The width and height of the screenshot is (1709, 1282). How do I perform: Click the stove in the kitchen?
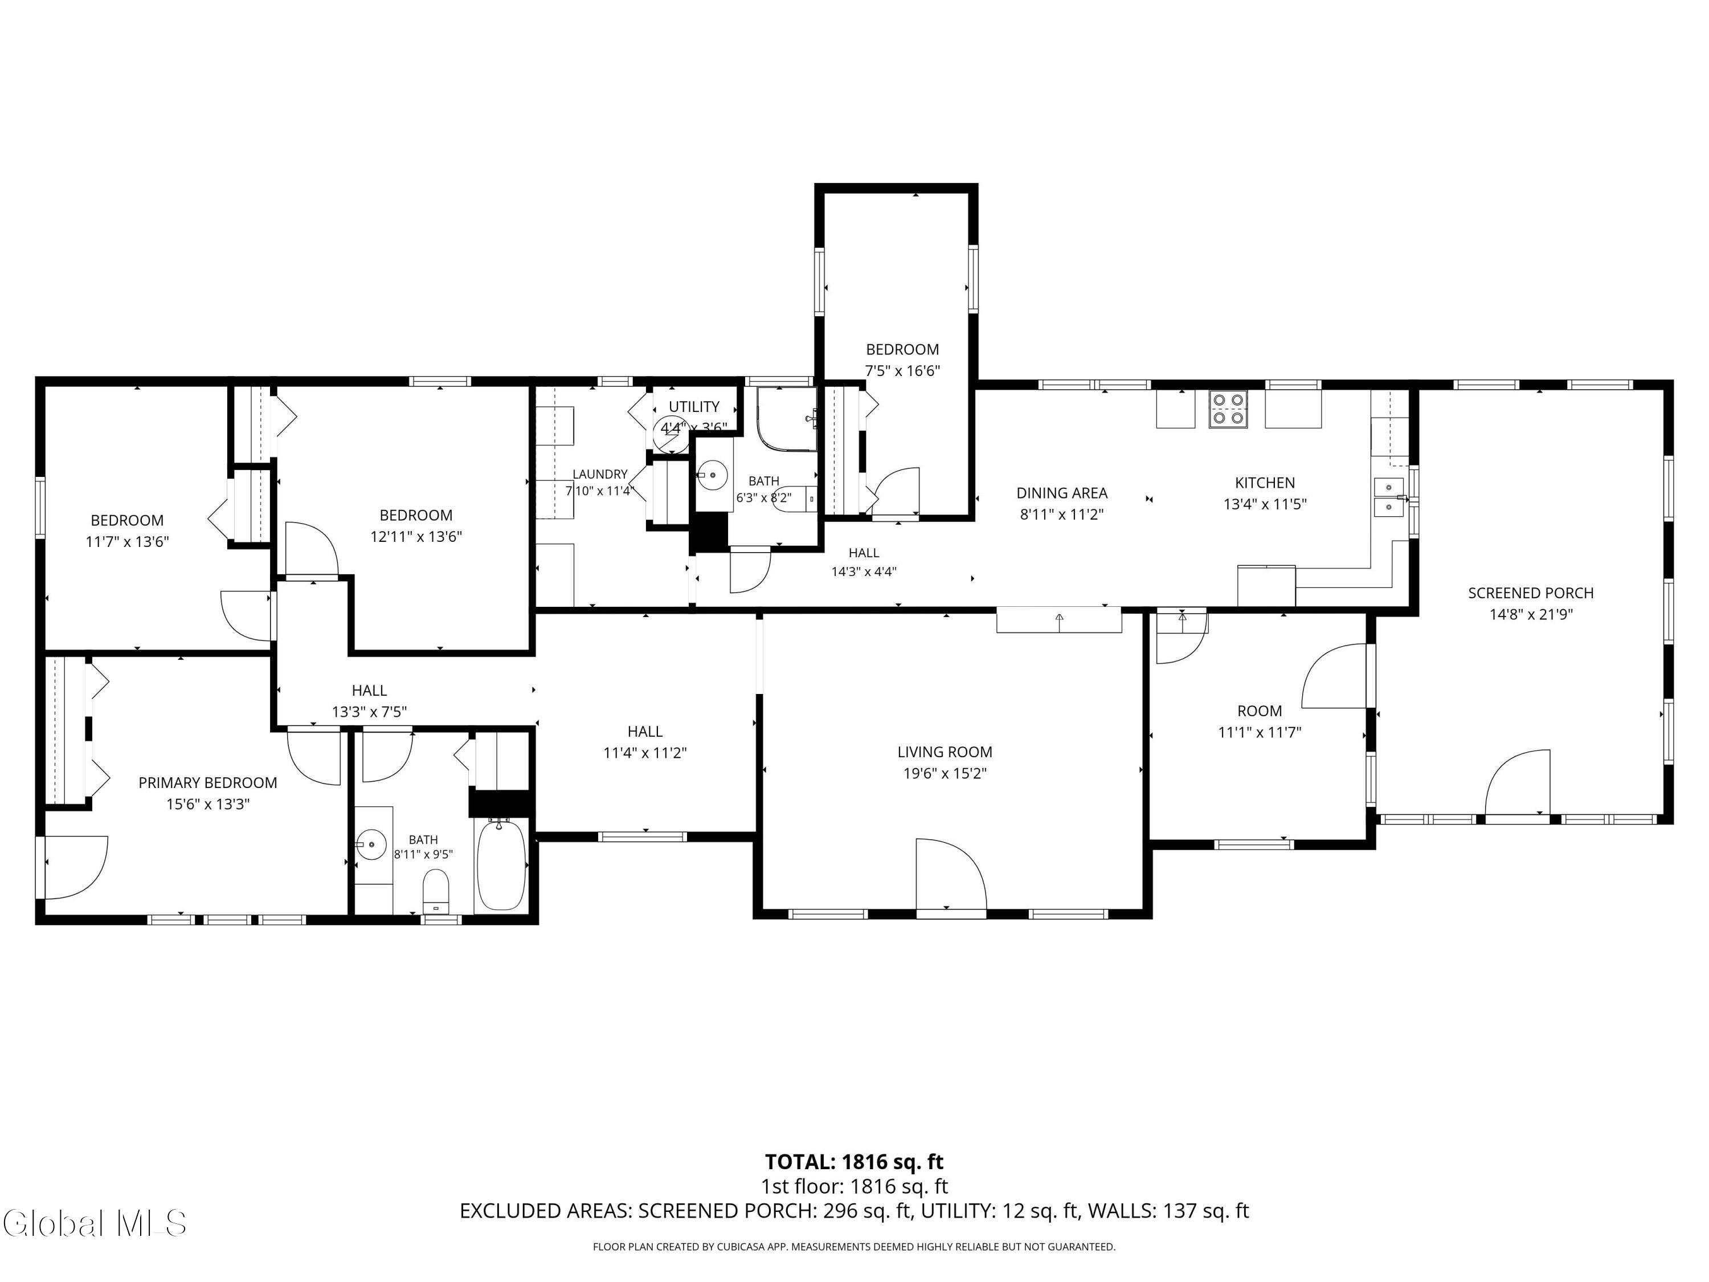(x=1228, y=410)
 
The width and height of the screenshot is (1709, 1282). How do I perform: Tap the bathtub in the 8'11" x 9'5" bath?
(x=501, y=865)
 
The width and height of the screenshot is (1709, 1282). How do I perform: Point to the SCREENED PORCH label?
(x=1531, y=593)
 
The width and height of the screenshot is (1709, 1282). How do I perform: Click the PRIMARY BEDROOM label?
(x=208, y=783)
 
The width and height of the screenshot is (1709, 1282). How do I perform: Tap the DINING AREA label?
(x=1061, y=493)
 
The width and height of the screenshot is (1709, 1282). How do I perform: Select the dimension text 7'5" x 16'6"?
(x=902, y=371)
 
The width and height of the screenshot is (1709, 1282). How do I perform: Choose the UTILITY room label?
(x=694, y=406)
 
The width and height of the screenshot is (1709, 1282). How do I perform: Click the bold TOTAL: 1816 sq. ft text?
(x=854, y=1161)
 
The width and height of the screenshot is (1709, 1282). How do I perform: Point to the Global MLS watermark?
(x=94, y=1223)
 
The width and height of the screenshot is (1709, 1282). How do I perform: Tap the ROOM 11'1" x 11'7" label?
(x=1260, y=721)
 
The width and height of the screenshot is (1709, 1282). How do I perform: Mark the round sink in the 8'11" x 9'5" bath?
(x=373, y=844)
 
